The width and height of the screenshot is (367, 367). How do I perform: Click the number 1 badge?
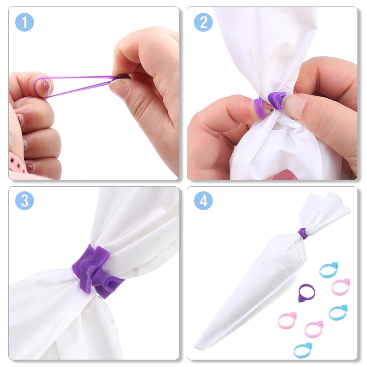point(24,22)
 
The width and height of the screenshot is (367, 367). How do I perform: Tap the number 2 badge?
point(203,22)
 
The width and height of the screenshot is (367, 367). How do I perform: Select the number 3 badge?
point(24,201)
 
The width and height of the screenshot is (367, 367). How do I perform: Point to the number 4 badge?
point(203,201)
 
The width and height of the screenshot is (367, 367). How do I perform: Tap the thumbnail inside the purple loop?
point(45,86)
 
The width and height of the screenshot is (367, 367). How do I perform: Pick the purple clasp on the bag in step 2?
point(278,100)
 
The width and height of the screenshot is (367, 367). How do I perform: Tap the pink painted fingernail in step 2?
point(285,175)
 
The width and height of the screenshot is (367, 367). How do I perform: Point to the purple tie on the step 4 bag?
point(303,233)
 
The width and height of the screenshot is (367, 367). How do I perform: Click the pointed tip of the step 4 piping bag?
point(197,347)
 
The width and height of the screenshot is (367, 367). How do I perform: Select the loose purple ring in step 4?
point(306,293)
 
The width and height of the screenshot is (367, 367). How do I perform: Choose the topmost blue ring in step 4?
point(329,270)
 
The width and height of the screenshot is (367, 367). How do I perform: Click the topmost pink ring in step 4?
point(341,286)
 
